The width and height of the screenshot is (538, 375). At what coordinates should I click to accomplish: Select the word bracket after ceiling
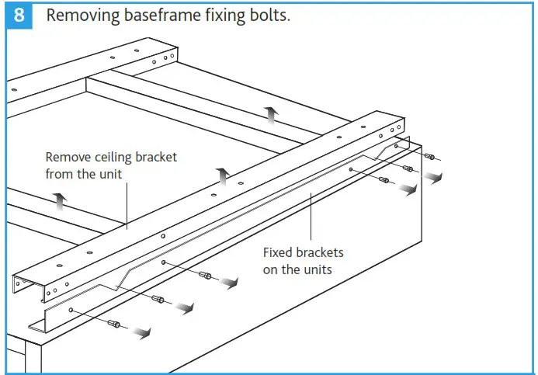pos(156,157)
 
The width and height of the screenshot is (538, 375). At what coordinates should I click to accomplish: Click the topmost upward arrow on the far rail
pos(271,115)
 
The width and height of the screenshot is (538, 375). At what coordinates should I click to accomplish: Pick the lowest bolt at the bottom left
pos(114,324)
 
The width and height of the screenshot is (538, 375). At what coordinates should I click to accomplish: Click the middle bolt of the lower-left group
pos(158,299)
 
